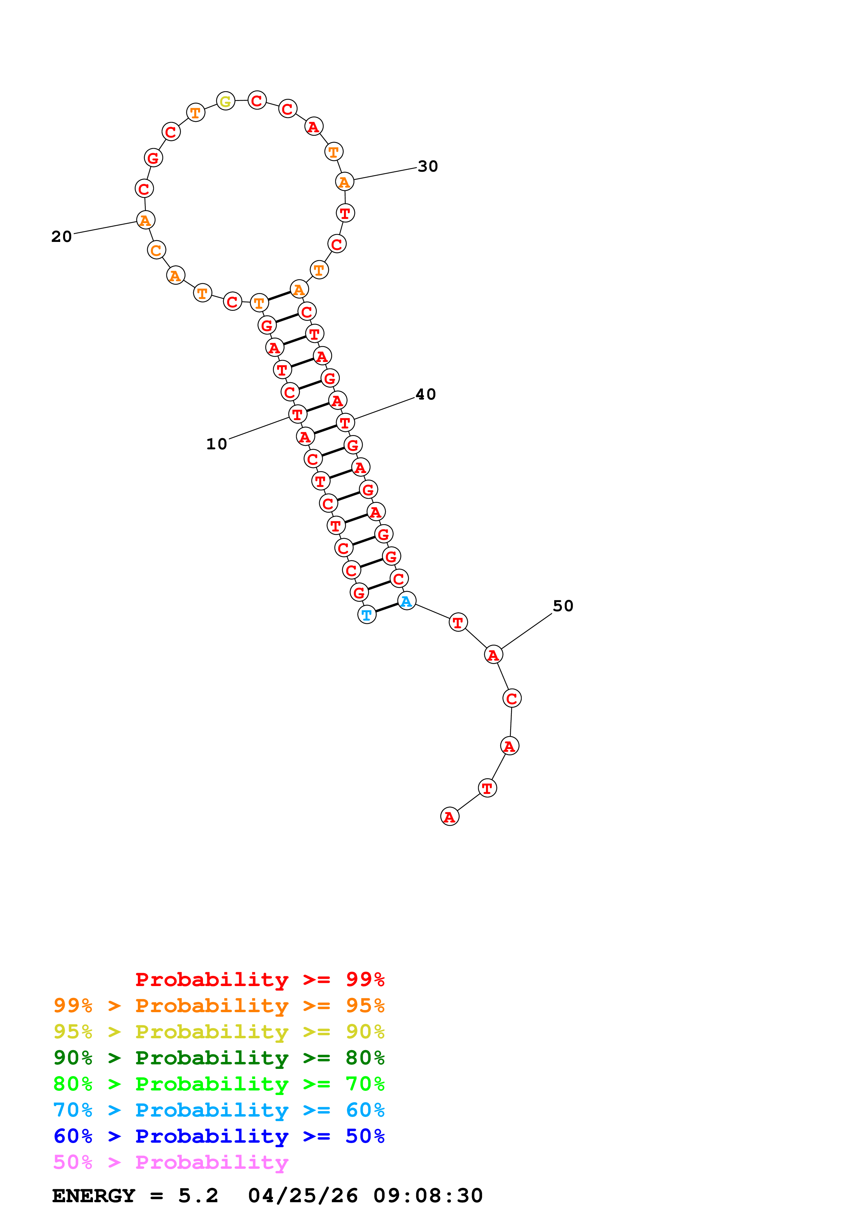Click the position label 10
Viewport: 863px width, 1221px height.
click(217, 444)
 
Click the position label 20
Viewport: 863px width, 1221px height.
click(62, 237)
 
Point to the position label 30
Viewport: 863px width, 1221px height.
click(427, 166)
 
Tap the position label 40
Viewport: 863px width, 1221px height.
click(425, 395)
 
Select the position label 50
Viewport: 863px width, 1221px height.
click(563, 606)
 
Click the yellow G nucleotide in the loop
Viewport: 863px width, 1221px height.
click(226, 101)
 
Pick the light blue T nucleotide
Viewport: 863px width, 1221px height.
click(366, 615)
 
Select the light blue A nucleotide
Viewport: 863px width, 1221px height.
click(406, 601)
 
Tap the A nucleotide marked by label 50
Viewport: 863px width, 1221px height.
click(493, 655)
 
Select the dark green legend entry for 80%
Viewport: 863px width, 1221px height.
click(219, 1058)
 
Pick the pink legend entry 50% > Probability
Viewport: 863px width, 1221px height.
click(171, 1163)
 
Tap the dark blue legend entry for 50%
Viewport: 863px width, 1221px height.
click(219, 1136)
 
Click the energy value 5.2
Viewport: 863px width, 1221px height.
click(198, 1196)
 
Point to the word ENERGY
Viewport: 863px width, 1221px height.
click(94, 1196)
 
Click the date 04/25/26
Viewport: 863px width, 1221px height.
click(303, 1196)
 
